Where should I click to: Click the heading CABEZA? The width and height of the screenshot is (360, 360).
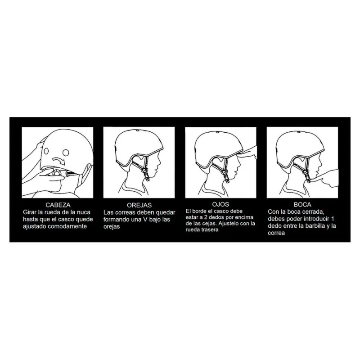point(58,205)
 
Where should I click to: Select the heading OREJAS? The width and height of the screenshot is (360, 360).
point(139,205)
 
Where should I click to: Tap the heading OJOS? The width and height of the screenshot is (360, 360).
point(220,204)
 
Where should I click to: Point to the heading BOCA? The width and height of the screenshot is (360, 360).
point(302,204)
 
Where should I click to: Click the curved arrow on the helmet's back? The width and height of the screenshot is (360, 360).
point(59,160)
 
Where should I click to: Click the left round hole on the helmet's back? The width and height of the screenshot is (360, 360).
point(46,151)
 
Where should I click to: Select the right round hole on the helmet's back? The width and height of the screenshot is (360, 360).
point(66,152)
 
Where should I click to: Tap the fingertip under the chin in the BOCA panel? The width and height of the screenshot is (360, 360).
point(319,181)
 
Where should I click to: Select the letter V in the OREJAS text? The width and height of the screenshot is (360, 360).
point(145,219)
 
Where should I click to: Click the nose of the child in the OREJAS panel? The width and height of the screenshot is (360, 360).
point(159,164)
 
